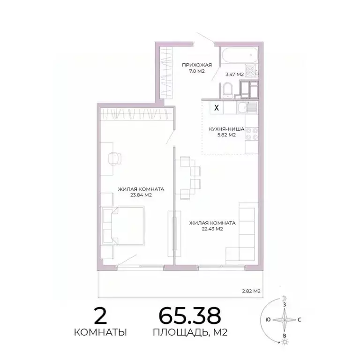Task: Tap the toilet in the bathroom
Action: [x=227, y=90]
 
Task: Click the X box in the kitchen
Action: [x=216, y=107]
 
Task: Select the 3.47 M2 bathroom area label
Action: [x=234, y=74]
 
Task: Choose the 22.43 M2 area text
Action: [x=212, y=229]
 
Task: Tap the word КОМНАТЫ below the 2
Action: [x=100, y=333]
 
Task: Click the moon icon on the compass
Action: [x=284, y=298]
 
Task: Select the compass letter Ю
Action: [x=267, y=320]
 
